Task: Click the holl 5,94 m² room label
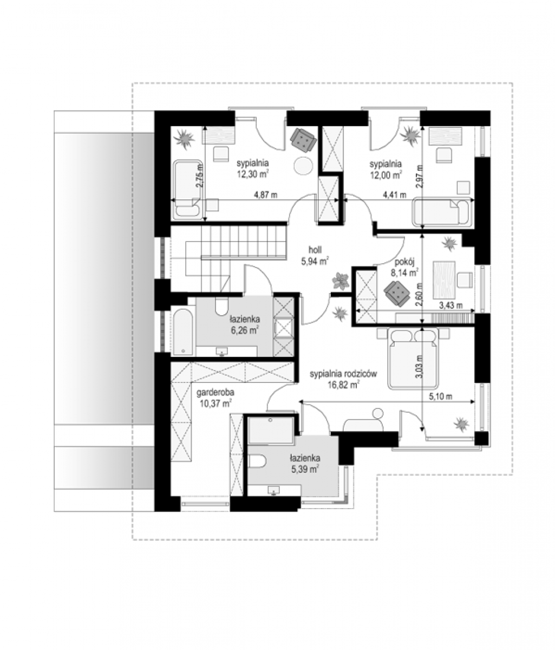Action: (315, 256)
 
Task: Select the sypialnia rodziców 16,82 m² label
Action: (343, 379)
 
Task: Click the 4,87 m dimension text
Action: (265, 195)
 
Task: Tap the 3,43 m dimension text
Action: (450, 305)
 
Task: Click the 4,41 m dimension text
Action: (394, 195)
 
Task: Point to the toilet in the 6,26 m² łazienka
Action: (221, 305)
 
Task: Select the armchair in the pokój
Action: (397, 293)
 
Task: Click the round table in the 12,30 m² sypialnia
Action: (303, 165)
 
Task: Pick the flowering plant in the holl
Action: (341, 281)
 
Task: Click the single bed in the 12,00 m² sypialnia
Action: (443, 211)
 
